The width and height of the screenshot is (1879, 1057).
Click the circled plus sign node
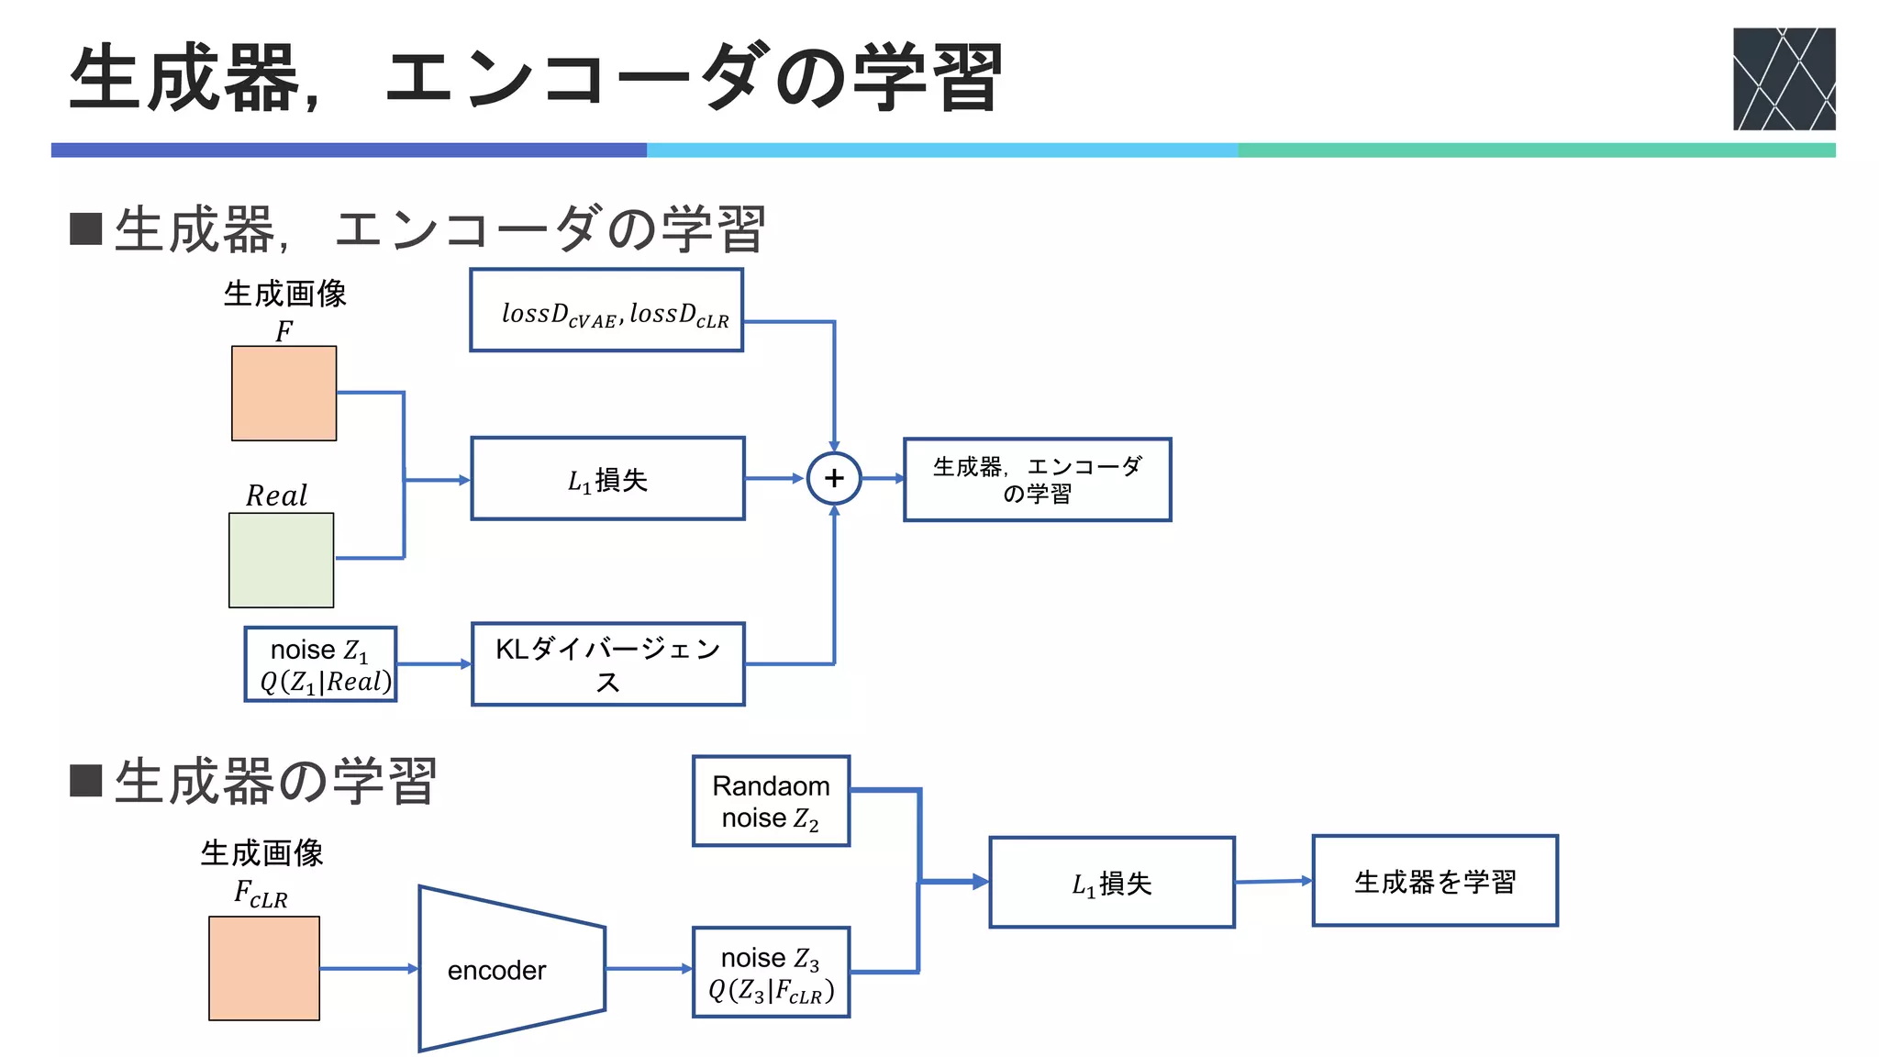(x=833, y=478)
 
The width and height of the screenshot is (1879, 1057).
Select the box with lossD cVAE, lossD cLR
(x=606, y=310)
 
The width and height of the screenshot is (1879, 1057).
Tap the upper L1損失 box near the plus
(x=607, y=479)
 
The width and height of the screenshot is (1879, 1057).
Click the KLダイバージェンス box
(x=607, y=664)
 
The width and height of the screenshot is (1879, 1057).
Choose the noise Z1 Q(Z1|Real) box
(x=321, y=664)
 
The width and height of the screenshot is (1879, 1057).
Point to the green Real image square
(x=282, y=560)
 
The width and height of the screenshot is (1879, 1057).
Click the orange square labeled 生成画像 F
(x=284, y=394)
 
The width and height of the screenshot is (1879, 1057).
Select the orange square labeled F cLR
(x=264, y=968)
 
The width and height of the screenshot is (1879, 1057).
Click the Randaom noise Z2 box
(x=771, y=801)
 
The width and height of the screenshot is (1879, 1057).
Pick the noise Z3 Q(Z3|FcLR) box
(x=771, y=973)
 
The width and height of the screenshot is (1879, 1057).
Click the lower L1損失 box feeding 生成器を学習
(x=1111, y=883)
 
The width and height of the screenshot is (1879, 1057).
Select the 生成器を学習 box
(x=1435, y=881)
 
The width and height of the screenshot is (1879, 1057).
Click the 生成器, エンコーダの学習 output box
(x=1037, y=480)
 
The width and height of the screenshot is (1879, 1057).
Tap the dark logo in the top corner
(x=1784, y=79)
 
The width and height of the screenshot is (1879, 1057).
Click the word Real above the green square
(x=276, y=496)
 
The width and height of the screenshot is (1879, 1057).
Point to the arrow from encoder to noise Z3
(x=648, y=969)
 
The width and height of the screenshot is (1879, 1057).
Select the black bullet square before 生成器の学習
(x=85, y=781)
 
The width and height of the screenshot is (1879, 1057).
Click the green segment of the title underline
(x=1536, y=150)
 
